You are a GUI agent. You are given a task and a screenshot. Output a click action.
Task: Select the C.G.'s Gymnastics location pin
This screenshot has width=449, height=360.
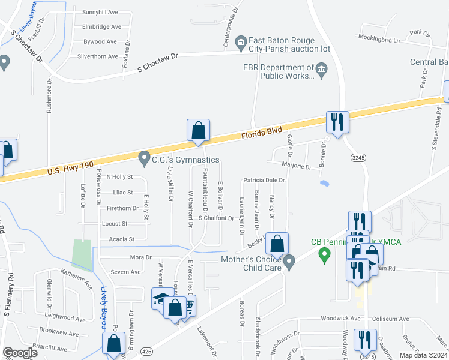144,159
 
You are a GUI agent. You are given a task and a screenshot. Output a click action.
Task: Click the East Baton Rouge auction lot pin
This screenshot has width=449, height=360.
241,41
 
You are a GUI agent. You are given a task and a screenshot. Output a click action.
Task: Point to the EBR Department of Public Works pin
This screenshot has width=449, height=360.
321,71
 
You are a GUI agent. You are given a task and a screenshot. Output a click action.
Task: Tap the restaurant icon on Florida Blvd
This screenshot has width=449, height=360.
336,122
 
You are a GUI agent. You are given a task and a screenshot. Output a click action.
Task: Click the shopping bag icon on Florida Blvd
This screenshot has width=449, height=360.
198,130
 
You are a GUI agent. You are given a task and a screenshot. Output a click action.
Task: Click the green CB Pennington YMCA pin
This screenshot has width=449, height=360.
325,256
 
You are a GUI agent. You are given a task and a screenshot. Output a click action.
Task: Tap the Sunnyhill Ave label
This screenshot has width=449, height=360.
100,12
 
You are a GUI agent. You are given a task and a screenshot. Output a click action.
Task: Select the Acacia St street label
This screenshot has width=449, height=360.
122,239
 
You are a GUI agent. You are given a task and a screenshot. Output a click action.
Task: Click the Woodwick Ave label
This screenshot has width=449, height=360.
339,319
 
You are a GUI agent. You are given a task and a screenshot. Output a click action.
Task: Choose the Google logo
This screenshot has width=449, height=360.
20,353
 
